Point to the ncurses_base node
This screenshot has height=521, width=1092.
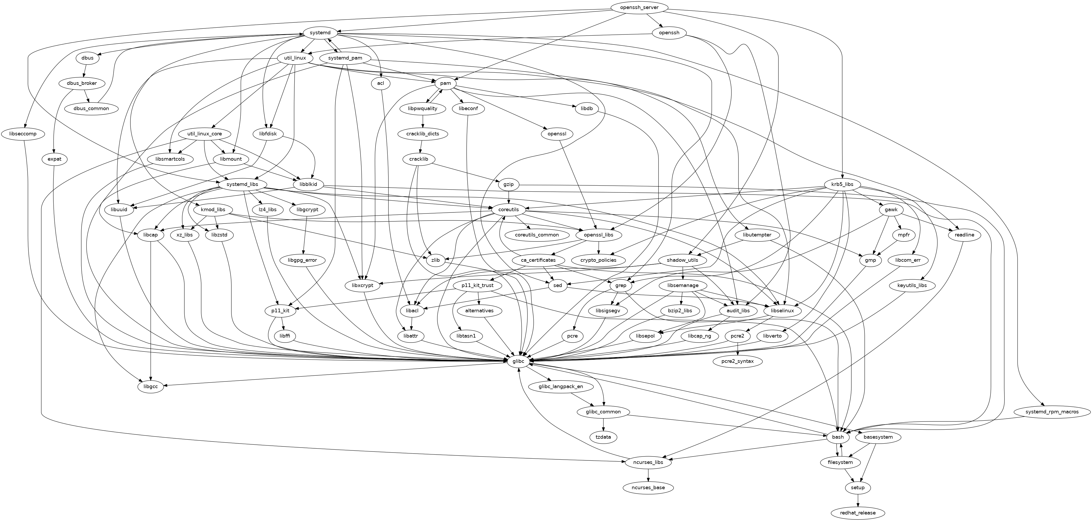tap(648, 488)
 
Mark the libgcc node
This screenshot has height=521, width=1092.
tap(150, 387)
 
